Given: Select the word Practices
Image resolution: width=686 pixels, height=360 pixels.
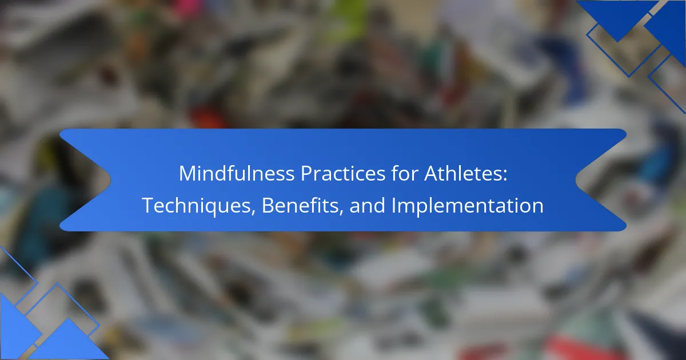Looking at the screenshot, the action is tap(342, 174).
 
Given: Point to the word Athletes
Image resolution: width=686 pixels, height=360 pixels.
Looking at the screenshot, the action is tap(462, 173).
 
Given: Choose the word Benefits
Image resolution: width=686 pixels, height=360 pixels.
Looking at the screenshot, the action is tap(300, 205).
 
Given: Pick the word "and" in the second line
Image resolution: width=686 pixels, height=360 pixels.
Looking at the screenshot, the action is tap(367, 205).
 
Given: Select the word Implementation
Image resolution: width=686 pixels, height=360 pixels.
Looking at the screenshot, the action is tap(468, 206).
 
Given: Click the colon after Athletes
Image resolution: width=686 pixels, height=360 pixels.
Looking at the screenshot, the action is tap(505, 176).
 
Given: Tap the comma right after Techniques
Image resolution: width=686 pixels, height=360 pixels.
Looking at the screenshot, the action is tap(254, 212).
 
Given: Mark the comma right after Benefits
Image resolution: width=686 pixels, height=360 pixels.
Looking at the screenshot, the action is tap(341, 212).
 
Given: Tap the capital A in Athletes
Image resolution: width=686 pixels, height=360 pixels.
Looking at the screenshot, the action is tap(432, 174).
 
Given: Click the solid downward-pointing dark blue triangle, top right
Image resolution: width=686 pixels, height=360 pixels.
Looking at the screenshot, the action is tap(617, 15).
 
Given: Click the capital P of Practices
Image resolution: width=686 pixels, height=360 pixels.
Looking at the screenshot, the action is tap(306, 174).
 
